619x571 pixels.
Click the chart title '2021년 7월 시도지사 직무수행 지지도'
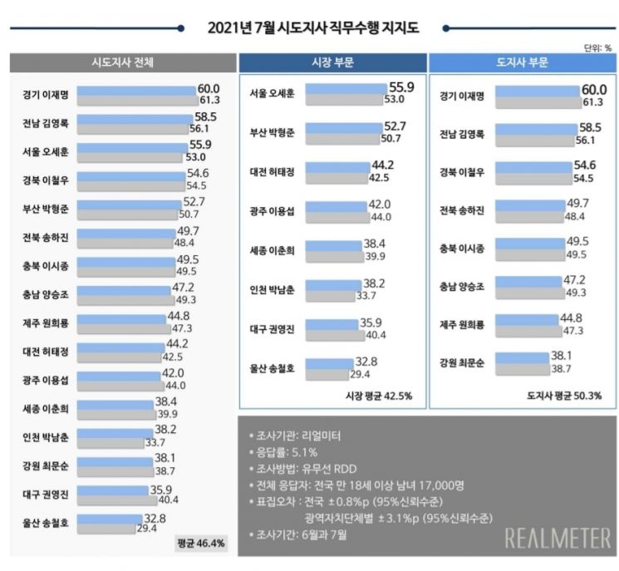point(313,28)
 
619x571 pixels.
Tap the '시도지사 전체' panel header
point(122,63)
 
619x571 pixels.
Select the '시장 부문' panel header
point(331,63)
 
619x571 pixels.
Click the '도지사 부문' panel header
point(521,63)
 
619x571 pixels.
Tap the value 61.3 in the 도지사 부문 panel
point(592,101)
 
